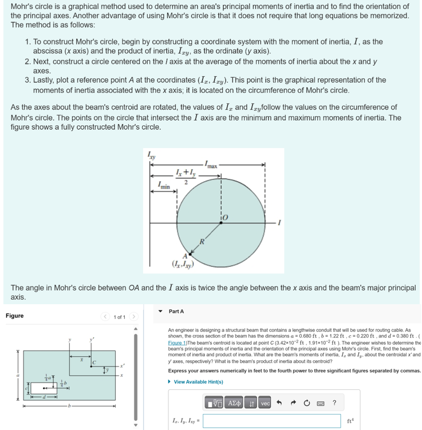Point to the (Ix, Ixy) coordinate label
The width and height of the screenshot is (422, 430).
183,264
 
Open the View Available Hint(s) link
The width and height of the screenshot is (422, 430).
198,382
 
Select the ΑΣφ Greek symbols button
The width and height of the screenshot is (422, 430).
234,404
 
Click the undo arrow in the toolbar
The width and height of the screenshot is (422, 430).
280,404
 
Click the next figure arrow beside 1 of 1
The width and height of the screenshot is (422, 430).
133,317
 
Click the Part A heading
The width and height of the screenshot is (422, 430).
177,311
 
